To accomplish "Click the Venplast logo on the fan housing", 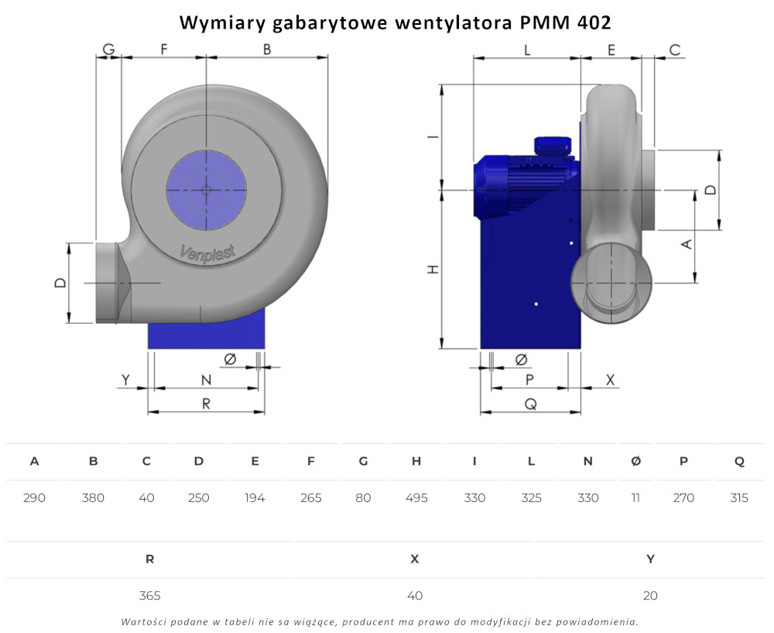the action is click(207, 253).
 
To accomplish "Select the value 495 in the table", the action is click(416, 497).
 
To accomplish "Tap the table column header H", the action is click(416, 461).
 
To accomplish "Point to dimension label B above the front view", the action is click(267, 50).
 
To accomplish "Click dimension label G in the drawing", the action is click(108, 50).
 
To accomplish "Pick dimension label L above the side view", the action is click(527, 50).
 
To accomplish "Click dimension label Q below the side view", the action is click(531, 404).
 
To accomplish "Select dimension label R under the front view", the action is click(207, 404).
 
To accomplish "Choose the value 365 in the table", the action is click(149, 596).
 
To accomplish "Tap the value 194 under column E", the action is click(255, 497).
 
